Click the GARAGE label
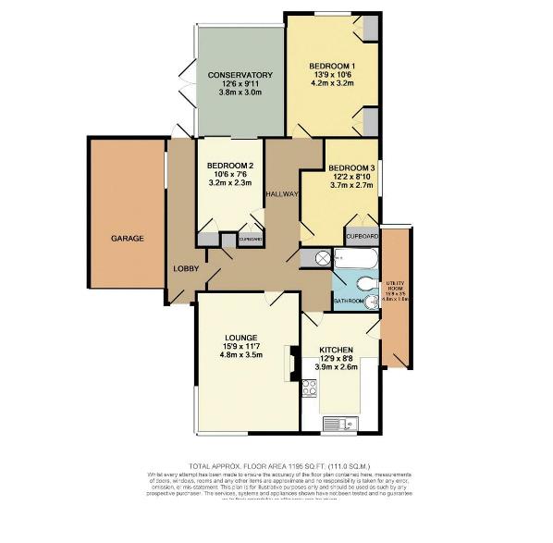[x=128, y=239]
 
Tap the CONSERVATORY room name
[x=240, y=74]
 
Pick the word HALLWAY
[x=282, y=194]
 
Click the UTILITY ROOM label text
[x=395, y=282]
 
